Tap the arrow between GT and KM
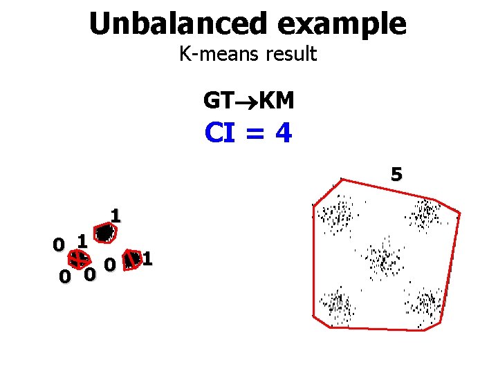[246, 102]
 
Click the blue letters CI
[222, 133]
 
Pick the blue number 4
[282, 133]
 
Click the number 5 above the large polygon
[396, 174]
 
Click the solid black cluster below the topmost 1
[104, 233]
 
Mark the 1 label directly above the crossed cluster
[82, 241]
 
